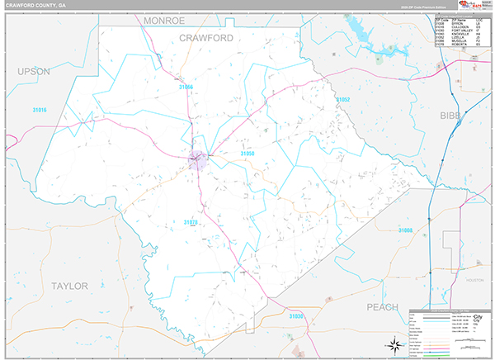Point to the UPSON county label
coord(34,72)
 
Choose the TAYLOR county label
coord(69,286)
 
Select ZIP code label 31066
coord(186,87)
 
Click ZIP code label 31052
coord(343,99)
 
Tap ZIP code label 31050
coord(248,154)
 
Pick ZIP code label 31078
coord(191,222)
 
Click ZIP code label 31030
coord(297,316)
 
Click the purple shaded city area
coord(197,160)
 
